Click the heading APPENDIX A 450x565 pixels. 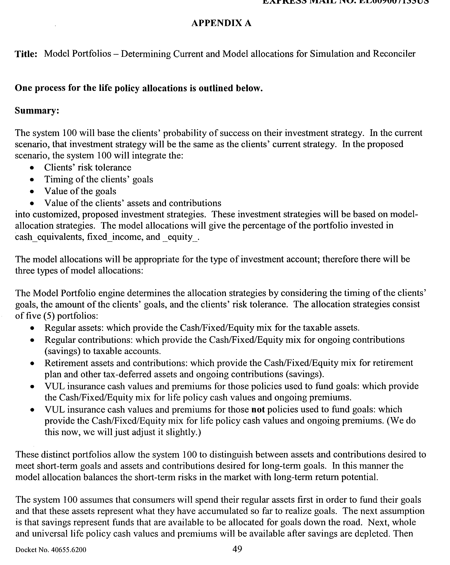[221, 23]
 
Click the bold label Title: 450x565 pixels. [26, 54]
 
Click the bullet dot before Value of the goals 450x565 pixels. [32, 192]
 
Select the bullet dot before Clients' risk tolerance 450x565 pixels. [32, 168]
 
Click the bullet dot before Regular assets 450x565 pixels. [32, 328]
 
